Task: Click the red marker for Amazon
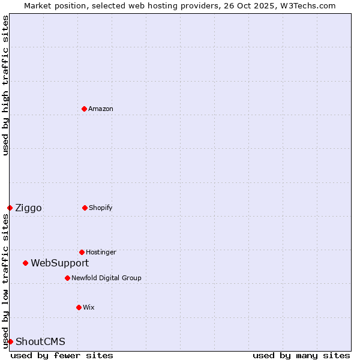click(x=84, y=109)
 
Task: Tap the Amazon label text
click(x=101, y=109)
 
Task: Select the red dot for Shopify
click(x=85, y=208)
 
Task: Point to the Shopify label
click(x=101, y=208)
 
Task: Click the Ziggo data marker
click(x=10, y=208)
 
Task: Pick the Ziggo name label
click(x=28, y=208)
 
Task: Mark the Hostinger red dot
click(x=82, y=252)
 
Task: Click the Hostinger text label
click(x=101, y=252)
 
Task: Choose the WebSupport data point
click(x=25, y=263)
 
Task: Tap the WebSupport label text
click(x=59, y=263)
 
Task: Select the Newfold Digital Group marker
click(x=67, y=278)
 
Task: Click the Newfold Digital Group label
click(x=106, y=278)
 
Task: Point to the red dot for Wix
click(x=79, y=307)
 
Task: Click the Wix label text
click(x=89, y=307)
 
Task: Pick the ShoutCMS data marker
click(x=10, y=341)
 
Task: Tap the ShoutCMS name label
click(x=40, y=341)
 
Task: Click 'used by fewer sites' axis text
click(x=62, y=355)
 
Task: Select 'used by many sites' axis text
click(x=301, y=355)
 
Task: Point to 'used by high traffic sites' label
click(x=5, y=85)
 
